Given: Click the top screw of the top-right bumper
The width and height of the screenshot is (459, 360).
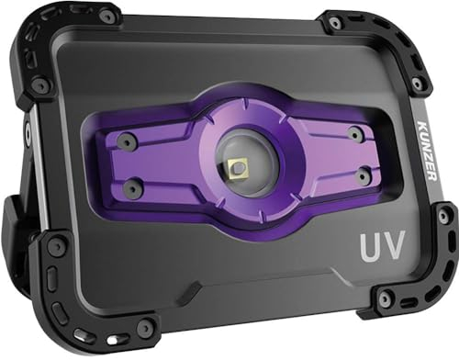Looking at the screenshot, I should coord(336,21).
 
